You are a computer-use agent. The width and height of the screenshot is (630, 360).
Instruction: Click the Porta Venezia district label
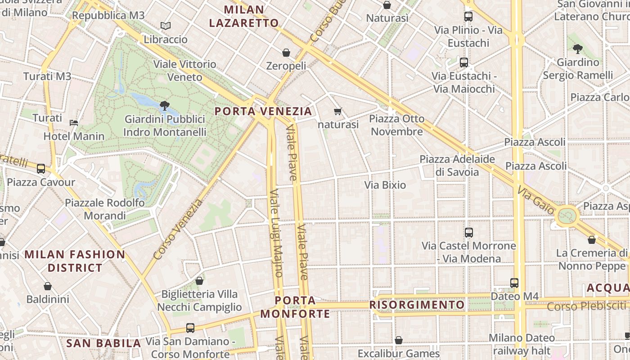tap(263, 111)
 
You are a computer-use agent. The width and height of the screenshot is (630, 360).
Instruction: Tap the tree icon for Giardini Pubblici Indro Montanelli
tap(165, 106)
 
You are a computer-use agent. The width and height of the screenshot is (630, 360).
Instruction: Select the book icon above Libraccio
tap(166, 26)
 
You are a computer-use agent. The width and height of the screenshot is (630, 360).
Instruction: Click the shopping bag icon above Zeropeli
tap(286, 53)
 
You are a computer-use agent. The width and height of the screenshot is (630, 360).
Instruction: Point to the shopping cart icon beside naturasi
tap(338, 111)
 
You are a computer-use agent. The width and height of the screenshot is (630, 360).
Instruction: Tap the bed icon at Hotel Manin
tap(74, 122)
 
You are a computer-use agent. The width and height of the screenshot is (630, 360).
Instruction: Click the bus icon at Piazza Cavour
tap(41, 169)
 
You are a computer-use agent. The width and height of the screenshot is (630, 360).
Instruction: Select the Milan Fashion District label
tap(75, 261)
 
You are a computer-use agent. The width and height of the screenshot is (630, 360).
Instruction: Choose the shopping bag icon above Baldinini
tap(48, 286)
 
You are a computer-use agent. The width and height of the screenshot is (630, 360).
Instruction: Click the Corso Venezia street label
tap(178, 229)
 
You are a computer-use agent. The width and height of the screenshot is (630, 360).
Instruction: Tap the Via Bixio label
tap(385, 185)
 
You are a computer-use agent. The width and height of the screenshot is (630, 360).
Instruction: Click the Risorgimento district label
tap(417, 305)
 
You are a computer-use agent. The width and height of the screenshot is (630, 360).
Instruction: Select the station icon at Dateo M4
tap(514, 283)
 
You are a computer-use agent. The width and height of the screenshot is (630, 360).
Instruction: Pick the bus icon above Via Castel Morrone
tap(469, 233)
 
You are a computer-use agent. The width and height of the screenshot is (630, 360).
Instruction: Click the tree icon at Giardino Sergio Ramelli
tap(578, 49)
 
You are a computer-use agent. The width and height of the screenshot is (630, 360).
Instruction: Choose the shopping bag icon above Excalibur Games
tap(398, 340)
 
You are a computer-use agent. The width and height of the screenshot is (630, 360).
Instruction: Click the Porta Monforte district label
tap(295, 307)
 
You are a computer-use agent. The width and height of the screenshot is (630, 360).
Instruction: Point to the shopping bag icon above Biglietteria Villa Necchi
tap(199, 281)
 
